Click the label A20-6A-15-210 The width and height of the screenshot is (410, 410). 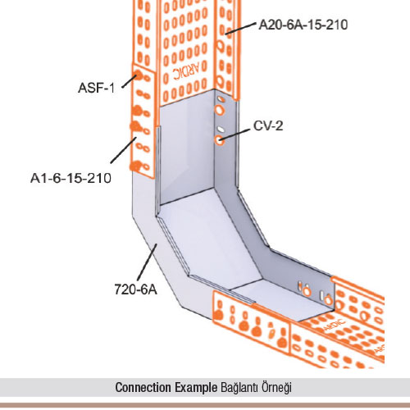pyautogui.click(x=303, y=25)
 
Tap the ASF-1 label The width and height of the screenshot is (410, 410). pyautogui.click(x=96, y=88)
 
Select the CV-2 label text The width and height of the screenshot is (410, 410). pyautogui.click(x=268, y=125)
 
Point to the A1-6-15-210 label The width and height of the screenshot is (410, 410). pyautogui.click(x=71, y=178)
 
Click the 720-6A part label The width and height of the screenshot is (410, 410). pyautogui.click(x=135, y=289)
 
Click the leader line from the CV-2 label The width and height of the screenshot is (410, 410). pyautogui.click(x=235, y=135)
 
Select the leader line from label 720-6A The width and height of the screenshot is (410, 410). pyautogui.click(x=147, y=262)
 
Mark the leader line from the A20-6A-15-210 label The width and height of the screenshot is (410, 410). pyautogui.click(x=241, y=29)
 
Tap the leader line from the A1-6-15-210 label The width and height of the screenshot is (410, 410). pyautogui.click(x=123, y=150)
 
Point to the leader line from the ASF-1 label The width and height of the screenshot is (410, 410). pyautogui.click(x=129, y=81)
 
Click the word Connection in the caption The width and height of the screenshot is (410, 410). pyautogui.click(x=143, y=387)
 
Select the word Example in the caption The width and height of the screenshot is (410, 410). pyautogui.click(x=196, y=387)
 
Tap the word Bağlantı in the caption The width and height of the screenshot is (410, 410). pyautogui.click(x=239, y=388)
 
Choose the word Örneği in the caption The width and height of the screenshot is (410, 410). pyautogui.click(x=276, y=388)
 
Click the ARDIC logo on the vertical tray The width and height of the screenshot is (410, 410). pyautogui.click(x=189, y=71)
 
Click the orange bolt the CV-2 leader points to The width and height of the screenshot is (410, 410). pyautogui.click(x=219, y=140)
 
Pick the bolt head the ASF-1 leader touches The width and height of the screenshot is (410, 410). pyautogui.click(x=137, y=75)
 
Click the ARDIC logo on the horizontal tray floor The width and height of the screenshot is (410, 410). pyautogui.click(x=334, y=325)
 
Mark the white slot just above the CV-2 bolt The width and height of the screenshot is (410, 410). pyautogui.click(x=221, y=129)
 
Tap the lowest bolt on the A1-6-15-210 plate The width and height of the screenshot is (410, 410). pyautogui.click(x=136, y=166)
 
